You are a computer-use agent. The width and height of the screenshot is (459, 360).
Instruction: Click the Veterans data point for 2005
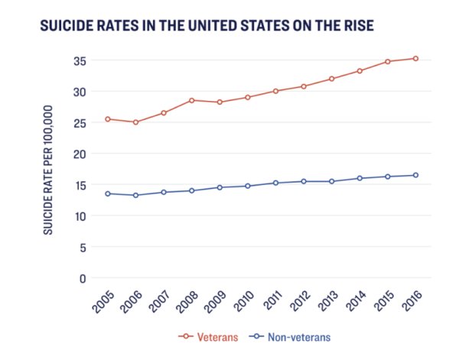(108, 119)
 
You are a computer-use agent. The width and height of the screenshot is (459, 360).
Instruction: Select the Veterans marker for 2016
(415, 58)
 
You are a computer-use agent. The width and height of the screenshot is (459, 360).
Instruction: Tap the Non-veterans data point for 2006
(135, 195)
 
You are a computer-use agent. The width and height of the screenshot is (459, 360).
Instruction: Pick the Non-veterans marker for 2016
(415, 175)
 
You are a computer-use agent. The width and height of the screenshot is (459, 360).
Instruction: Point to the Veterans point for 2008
(191, 100)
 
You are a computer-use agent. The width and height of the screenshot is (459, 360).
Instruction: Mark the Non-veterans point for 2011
(275, 183)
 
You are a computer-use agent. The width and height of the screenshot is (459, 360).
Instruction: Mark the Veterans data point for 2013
(331, 79)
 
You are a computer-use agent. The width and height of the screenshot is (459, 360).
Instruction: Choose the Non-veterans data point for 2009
(220, 187)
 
